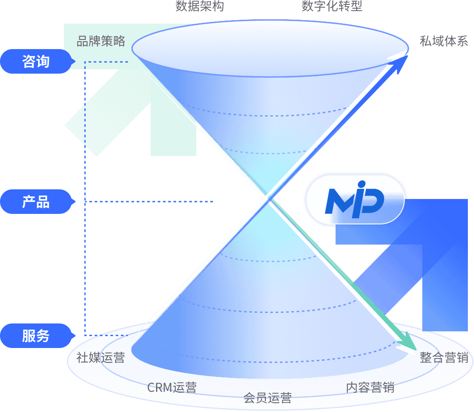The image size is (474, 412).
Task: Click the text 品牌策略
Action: tap(101, 41)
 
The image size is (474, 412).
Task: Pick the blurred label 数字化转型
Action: tap(332, 6)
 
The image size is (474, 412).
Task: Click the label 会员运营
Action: tap(267, 398)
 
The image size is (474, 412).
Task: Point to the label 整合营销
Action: tap(444, 358)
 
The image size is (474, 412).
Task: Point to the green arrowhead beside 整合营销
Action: tap(410, 346)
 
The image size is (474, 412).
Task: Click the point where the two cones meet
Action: tap(266, 200)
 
